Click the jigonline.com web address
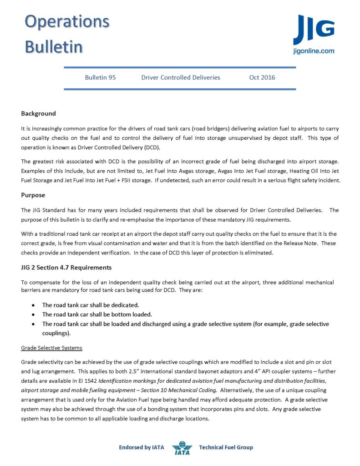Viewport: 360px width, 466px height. [x=314, y=51]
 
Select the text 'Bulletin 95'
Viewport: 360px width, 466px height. [x=100, y=77]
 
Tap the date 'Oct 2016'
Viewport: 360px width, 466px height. [x=262, y=77]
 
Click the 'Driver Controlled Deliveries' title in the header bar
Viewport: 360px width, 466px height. [x=181, y=77]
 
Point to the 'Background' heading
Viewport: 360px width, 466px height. [x=38, y=113]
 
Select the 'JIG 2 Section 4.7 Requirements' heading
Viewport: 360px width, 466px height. [x=66, y=267]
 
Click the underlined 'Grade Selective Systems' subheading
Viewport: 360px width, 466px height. [x=51, y=348]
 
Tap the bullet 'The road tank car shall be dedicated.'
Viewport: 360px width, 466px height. [x=91, y=305]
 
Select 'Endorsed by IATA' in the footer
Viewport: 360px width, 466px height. [x=141, y=447]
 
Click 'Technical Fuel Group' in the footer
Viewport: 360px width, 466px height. [x=226, y=447]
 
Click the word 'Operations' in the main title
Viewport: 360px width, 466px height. [x=67, y=21]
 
